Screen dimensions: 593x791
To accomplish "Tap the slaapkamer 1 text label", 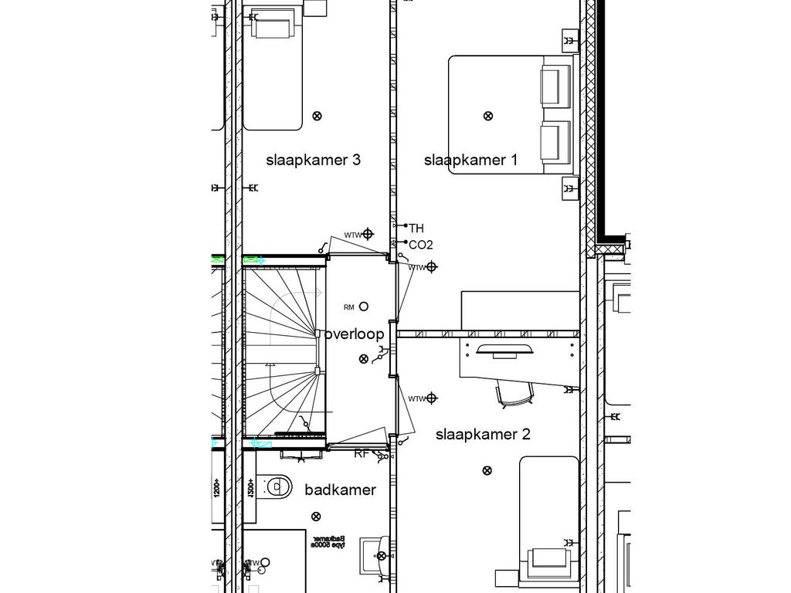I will click(470, 161).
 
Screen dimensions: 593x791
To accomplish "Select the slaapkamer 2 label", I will click(483, 434).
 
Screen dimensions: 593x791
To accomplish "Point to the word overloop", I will click(355, 334).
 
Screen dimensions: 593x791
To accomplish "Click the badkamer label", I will click(340, 490).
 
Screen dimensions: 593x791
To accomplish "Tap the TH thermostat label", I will click(416, 228).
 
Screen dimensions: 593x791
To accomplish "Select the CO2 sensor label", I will click(420, 245).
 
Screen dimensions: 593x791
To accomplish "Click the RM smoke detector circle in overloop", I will click(364, 307).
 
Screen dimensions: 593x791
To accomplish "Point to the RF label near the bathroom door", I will click(361, 454).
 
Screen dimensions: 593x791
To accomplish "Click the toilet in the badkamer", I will click(274, 486).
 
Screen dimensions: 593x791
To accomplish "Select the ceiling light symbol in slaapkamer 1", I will click(487, 116).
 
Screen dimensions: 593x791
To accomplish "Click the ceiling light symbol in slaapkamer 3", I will click(317, 116).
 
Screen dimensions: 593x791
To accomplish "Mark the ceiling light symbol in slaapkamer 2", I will click(486, 470).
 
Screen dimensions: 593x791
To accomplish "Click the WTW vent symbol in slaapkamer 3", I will click(368, 234).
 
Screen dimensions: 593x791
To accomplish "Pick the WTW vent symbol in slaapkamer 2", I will click(432, 398).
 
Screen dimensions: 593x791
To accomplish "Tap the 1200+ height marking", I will click(217, 487).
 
